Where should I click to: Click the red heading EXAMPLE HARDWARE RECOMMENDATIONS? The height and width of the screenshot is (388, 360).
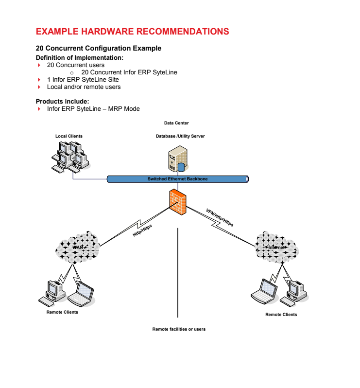(x=132, y=32)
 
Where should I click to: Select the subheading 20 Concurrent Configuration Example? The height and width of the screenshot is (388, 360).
(x=99, y=48)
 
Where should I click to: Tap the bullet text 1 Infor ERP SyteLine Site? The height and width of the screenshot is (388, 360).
(x=83, y=80)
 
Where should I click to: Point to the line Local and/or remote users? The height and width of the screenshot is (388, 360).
(x=84, y=87)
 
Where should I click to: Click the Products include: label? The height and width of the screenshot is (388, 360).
(x=62, y=101)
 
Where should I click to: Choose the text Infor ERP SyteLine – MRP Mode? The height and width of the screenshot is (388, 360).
(x=93, y=108)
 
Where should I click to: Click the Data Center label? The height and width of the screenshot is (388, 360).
(x=176, y=123)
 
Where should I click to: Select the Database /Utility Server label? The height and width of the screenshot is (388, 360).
(x=180, y=136)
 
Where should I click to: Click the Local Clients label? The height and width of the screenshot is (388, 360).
(x=69, y=136)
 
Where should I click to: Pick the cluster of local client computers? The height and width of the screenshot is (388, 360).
(x=69, y=156)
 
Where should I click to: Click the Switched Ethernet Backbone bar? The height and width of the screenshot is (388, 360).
(x=178, y=179)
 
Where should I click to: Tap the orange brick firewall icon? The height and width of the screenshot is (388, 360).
(x=178, y=201)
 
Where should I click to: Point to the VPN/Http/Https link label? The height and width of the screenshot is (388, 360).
(x=220, y=217)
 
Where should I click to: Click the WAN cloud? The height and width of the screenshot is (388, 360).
(x=77, y=247)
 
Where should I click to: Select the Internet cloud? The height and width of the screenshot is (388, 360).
(x=277, y=247)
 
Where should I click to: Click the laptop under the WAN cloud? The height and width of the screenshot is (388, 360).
(x=82, y=294)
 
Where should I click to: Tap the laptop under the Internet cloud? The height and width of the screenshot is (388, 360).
(x=264, y=291)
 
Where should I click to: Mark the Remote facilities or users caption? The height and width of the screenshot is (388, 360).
(x=179, y=329)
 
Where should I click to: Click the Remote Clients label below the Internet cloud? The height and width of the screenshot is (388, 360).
(x=281, y=315)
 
